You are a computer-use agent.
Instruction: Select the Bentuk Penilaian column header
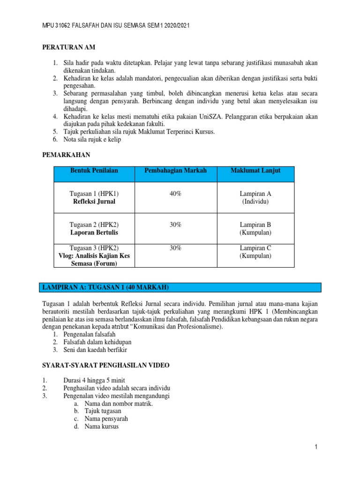tap(94, 171)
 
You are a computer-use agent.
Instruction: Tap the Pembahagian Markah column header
tap(175, 171)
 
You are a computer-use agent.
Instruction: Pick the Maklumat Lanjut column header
tap(255, 171)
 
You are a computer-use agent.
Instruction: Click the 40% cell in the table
tap(175, 194)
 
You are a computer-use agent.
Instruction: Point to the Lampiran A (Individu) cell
tap(255, 197)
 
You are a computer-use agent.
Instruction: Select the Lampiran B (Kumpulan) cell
tap(255, 228)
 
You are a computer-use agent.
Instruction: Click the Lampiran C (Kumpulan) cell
tap(255, 252)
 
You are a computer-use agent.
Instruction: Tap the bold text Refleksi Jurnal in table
tap(94, 202)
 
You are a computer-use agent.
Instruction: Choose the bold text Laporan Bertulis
tap(94, 232)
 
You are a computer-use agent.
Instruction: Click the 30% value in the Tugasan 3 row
tap(175, 248)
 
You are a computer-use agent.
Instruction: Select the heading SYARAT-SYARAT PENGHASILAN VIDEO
tap(106, 365)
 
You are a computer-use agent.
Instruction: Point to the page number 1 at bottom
tap(316, 447)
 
